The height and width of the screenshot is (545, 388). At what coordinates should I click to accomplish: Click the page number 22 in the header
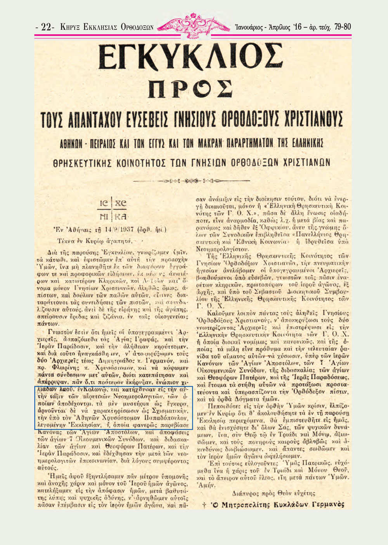point(47,27)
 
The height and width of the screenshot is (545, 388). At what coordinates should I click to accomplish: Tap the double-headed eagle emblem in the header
point(192,25)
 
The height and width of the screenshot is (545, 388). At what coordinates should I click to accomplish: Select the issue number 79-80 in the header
point(342,27)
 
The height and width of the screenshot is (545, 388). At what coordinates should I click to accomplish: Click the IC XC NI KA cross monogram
point(113,210)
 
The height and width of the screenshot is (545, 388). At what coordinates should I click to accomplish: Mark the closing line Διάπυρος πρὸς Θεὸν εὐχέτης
point(274,493)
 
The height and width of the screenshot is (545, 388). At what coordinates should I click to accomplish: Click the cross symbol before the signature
point(204,504)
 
